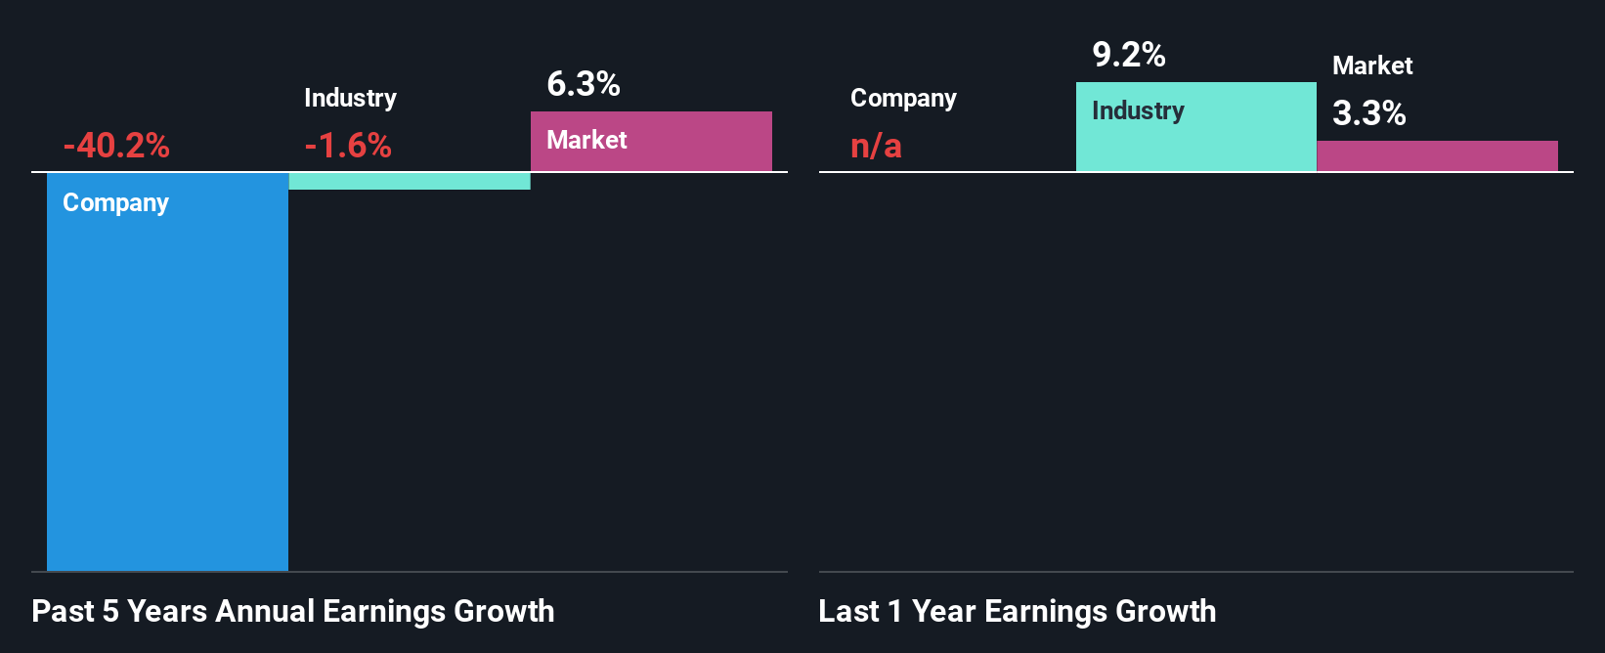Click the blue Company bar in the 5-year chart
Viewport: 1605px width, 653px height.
(x=167, y=391)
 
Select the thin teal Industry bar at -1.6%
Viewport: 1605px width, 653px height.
(x=410, y=181)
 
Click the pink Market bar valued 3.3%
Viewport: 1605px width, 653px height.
(x=1437, y=156)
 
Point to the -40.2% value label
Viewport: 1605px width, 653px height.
(x=116, y=146)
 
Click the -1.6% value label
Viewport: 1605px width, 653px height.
(x=348, y=146)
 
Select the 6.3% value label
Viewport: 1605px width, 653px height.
(x=584, y=84)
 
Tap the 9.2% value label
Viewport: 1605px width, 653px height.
(x=1129, y=55)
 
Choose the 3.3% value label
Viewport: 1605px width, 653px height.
(x=1369, y=113)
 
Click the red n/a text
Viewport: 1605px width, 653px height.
(x=876, y=147)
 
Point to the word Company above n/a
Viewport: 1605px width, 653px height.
(x=903, y=98)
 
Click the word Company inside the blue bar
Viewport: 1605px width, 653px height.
(x=115, y=202)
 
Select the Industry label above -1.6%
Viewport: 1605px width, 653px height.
(x=350, y=98)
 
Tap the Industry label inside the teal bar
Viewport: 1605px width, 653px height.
(x=1138, y=110)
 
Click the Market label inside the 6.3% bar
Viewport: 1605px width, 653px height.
(x=586, y=140)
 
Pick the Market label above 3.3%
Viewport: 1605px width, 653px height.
(x=1372, y=65)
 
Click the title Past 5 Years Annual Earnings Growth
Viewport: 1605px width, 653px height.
(x=293, y=611)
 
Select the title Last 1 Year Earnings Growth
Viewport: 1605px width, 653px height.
(x=1018, y=611)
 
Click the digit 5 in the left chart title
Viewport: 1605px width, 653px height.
(x=110, y=611)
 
